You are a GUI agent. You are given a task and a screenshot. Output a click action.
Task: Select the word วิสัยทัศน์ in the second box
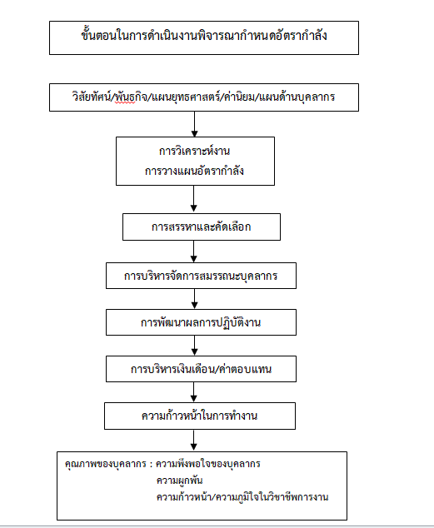tap(92, 97)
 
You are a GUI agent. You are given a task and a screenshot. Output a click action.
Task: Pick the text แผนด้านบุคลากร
tap(297, 97)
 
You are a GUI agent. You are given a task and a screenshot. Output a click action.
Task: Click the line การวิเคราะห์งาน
tap(195, 151)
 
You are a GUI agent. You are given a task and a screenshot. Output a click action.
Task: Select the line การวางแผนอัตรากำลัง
tap(195, 171)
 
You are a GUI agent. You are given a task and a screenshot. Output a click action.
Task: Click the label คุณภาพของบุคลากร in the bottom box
tap(106, 464)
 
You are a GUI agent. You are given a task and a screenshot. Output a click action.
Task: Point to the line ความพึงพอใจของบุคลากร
tap(208, 464)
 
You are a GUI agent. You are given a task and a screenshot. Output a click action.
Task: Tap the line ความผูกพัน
tap(179, 481)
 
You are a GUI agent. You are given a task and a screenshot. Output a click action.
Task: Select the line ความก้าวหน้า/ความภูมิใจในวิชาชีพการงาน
tap(242, 496)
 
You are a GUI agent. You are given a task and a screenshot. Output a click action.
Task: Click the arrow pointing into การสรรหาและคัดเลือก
tap(193, 199)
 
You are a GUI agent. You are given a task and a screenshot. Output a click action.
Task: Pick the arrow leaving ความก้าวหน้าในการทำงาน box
tap(193, 441)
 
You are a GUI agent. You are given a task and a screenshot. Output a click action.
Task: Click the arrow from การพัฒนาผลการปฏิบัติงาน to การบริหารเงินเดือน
tap(195, 346)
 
